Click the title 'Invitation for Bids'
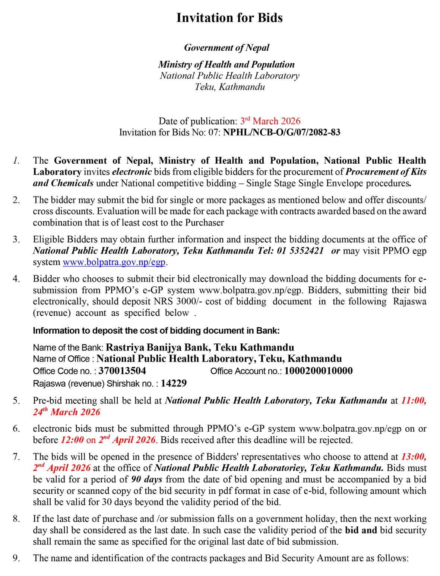229,18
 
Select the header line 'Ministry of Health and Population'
226,64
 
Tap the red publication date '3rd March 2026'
270,121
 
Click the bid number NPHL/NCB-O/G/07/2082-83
281,132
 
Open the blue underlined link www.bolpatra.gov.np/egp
114,262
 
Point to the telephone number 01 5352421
300,251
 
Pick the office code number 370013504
122,371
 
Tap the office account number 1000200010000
318,371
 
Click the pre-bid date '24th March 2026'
66,412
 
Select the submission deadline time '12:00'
72,440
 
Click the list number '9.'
16,558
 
